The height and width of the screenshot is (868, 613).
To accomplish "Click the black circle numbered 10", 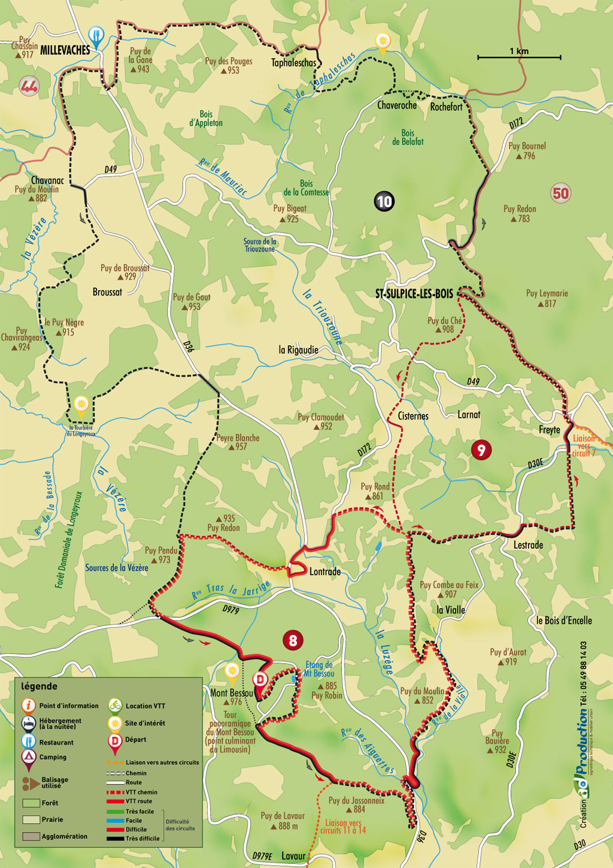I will pos(384,201).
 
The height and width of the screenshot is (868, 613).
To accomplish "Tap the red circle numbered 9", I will pos(481,449).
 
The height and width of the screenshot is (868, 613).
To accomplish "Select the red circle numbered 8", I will pos(292,640).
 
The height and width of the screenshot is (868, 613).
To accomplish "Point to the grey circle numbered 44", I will pos(29,86).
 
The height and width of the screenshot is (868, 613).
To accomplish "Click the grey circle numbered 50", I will pos(560,193).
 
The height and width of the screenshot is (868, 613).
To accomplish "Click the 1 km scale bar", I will pos(519,57).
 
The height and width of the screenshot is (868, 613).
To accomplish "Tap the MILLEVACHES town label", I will pos(65,50).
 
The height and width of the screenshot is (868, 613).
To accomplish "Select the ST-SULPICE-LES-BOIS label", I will pos(414,294).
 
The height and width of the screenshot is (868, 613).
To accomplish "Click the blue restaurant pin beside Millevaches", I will pos(96,36).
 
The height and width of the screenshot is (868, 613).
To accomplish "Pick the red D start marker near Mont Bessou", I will pos(260,680).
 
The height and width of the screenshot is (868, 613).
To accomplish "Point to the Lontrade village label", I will pos(324,571).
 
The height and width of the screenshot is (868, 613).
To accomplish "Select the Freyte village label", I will pos(549,430).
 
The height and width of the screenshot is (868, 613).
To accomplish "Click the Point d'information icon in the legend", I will pos(28,706).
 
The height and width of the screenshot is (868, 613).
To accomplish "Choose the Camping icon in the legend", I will pos(28,758).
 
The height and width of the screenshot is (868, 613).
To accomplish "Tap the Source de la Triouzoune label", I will pos(259,245).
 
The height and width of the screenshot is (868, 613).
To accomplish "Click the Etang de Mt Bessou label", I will pos(318,669).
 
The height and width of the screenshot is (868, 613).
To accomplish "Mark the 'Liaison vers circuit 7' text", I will pos(584,446).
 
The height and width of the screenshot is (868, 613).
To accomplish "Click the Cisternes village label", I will pos(413,416).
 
